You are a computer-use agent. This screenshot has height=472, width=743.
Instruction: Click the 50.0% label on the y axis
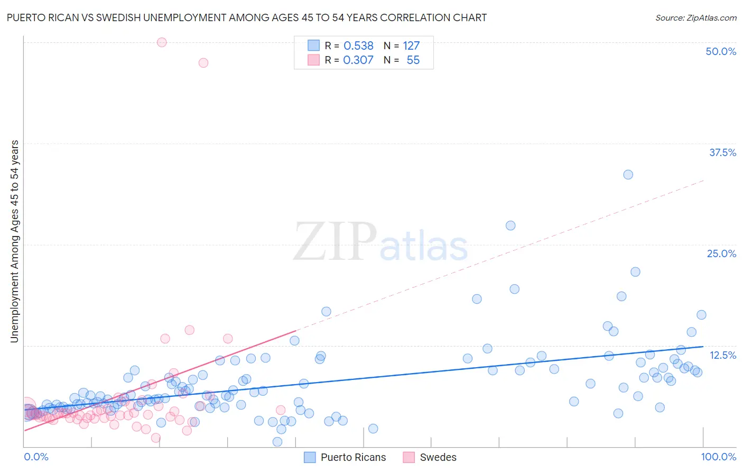click(x=721, y=51)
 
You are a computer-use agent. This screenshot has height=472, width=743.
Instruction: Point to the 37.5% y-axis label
click(x=722, y=152)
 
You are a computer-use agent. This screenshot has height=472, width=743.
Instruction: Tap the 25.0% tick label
click(x=721, y=253)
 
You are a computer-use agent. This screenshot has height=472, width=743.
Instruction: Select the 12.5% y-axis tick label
click(x=722, y=355)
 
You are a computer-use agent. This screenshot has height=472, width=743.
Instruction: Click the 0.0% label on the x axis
click(x=36, y=457)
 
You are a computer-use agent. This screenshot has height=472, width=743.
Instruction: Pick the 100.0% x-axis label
click(x=718, y=457)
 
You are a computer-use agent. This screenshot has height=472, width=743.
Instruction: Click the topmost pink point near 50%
click(x=162, y=42)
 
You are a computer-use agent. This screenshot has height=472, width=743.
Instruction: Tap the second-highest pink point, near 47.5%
click(x=203, y=62)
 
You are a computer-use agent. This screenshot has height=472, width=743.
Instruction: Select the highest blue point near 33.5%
click(x=628, y=175)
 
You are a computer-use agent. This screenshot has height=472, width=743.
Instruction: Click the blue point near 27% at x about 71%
click(x=510, y=225)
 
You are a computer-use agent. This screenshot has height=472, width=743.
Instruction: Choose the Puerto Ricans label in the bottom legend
click(x=353, y=457)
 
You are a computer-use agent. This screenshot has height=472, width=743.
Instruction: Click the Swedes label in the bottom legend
click(x=438, y=457)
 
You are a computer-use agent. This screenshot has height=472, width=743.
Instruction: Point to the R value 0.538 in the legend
click(x=358, y=46)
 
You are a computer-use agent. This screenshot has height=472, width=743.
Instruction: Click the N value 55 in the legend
click(x=413, y=60)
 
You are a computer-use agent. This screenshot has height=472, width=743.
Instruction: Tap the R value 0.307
click(x=358, y=60)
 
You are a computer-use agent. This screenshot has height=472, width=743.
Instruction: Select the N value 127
click(x=411, y=46)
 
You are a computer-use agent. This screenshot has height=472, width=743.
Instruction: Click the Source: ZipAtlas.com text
click(x=695, y=17)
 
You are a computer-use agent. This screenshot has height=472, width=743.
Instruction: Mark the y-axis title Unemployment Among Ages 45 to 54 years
click(x=14, y=241)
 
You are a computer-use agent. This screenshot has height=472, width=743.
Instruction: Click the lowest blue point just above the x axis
click(x=277, y=442)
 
